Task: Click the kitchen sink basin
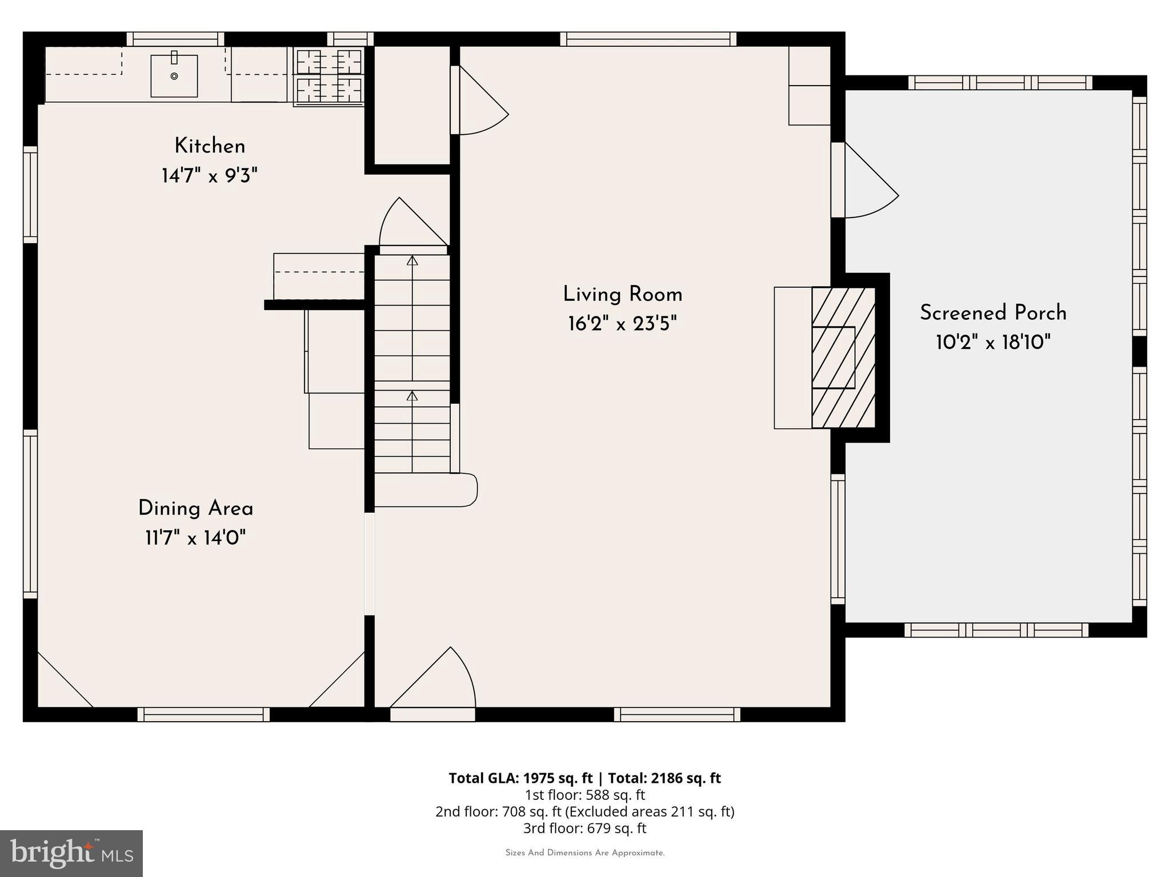[174, 76]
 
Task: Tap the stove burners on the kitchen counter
[329, 76]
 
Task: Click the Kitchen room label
[210, 146]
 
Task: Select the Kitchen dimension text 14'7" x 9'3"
[210, 175]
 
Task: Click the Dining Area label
[195, 508]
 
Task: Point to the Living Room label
[622, 295]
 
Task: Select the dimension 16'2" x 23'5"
[622, 324]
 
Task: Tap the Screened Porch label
[993, 313]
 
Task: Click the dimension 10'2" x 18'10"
[993, 343]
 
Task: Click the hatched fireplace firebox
[843, 357]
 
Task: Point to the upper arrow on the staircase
[412, 262]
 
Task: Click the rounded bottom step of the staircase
[426, 490]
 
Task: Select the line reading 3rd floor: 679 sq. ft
[584, 828]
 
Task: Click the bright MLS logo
[71, 853]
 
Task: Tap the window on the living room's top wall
[648, 39]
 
